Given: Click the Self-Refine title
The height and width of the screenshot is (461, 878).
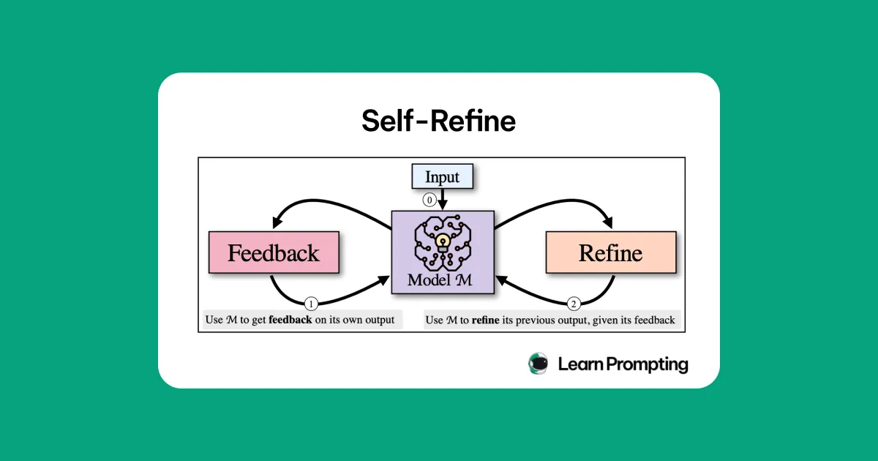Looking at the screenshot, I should [438, 121].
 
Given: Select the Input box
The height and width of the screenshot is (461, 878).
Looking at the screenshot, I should [442, 177].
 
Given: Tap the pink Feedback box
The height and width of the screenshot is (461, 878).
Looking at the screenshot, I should [274, 253].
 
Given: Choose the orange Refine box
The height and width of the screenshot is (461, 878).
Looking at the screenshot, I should [610, 253].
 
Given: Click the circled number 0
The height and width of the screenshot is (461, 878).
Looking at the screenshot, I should [431, 198].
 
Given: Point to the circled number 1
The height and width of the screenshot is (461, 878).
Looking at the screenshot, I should [310, 303].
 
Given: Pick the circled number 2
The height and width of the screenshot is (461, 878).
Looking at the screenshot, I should [574, 303].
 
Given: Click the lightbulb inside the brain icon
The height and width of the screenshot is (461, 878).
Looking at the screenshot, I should [442, 241].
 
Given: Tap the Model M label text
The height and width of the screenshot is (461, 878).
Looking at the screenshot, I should [442, 280].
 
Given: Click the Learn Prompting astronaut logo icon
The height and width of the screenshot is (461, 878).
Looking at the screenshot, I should [539, 364].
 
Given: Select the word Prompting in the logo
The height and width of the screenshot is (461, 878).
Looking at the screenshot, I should [644, 364].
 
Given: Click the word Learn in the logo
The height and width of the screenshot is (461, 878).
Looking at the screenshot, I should [577, 364].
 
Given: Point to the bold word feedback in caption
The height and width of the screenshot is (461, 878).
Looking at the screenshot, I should [290, 320].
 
